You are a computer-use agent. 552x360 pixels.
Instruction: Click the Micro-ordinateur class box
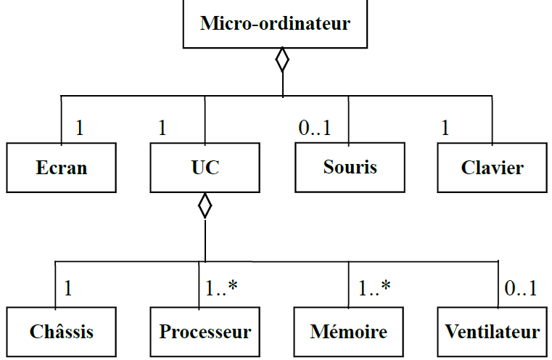[275, 24]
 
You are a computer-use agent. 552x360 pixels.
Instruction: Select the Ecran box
[62, 168]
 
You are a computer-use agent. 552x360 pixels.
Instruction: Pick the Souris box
[350, 167]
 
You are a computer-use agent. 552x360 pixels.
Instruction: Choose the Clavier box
[492, 168]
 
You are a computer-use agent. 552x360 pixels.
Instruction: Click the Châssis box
[62, 332]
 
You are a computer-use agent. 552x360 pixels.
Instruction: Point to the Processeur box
[205, 332]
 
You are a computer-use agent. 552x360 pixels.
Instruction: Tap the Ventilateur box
[493, 332]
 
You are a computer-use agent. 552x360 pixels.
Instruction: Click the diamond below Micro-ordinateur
[282, 60]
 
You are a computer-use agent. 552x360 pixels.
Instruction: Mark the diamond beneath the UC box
[205, 205]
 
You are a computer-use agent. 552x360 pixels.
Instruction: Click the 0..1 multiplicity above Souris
[315, 128]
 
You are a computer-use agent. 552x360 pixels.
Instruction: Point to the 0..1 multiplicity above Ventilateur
[521, 288]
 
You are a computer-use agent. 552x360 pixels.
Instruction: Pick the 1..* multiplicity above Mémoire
[374, 288]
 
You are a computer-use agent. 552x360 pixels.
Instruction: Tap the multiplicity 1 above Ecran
[80, 128]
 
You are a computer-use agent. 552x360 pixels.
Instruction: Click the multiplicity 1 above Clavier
[445, 128]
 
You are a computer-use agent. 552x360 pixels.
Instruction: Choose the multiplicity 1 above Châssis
[68, 288]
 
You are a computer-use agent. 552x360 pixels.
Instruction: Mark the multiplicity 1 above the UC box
[162, 128]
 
